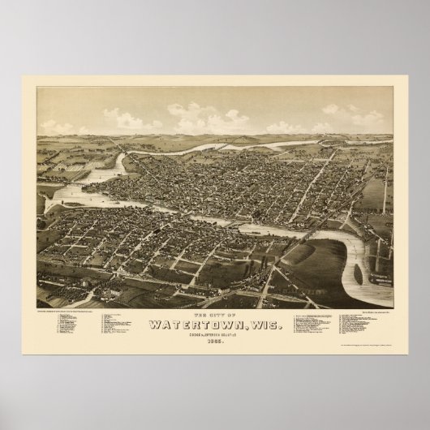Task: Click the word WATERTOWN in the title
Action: click(197, 326)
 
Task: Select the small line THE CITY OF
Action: click(214, 315)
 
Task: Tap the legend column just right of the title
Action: click(312, 333)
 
